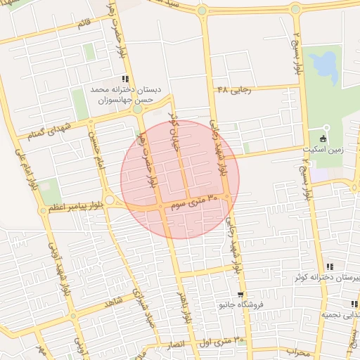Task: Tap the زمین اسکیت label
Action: click(x=326, y=150)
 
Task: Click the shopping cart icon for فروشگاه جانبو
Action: click(x=241, y=295)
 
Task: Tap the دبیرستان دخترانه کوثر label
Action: click(x=328, y=278)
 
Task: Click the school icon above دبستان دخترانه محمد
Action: click(x=125, y=79)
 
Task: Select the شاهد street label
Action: click(x=113, y=303)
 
